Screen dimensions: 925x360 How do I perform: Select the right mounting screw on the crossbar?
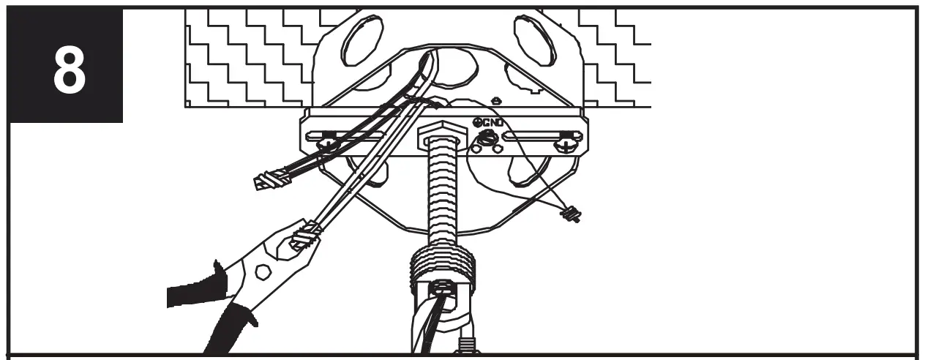[566, 144]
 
